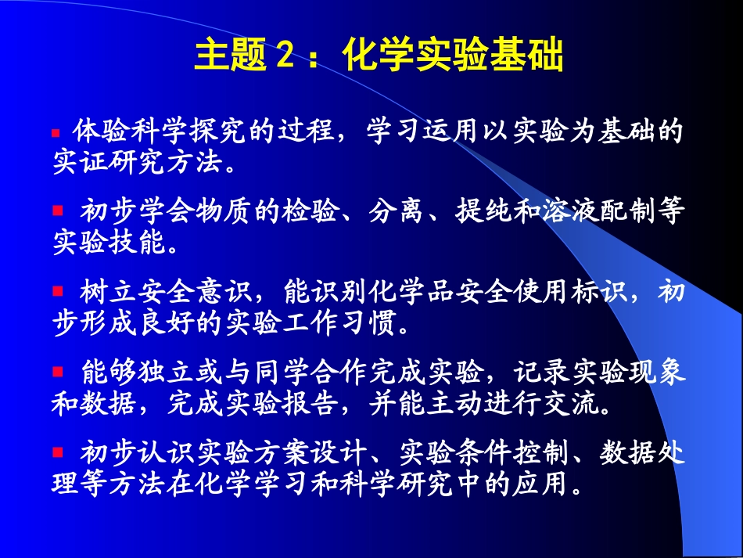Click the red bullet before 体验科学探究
56,134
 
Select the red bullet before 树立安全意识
57,291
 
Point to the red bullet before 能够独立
57,370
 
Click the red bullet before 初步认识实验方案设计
57,452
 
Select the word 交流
562,404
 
